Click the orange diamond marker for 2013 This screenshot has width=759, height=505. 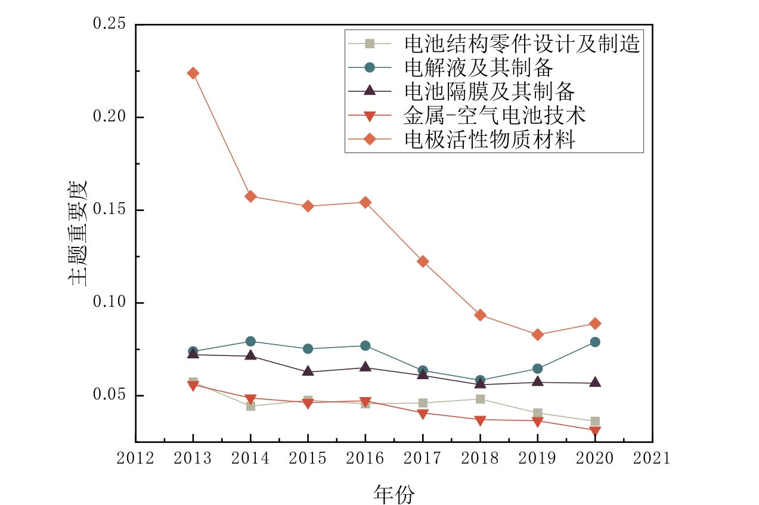(193, 73)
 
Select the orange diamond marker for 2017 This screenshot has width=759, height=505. (423, 261)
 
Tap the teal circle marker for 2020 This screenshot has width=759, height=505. (595, 342)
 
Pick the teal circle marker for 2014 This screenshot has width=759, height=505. (250, 341)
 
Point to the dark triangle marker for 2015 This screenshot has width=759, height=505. (308, 371)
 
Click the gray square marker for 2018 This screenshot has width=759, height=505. (480, 399)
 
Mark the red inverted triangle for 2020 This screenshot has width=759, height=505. (595, 431)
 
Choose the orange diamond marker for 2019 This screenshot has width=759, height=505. (537, 334)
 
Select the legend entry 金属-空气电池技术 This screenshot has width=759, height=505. (495, 115)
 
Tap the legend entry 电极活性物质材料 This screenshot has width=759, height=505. (490, 139)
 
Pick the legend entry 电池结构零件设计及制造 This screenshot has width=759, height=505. (522, 44)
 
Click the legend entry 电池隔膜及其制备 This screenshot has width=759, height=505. (490, 91)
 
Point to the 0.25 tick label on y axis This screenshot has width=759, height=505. (109, 24)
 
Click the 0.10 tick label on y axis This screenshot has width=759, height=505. (109, 303)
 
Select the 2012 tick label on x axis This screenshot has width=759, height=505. (135, 458)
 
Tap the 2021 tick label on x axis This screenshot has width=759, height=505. (652, 458)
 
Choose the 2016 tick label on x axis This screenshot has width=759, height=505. (365, 458)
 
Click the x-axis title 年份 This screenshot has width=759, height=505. (394, 494)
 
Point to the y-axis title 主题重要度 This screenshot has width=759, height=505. (80, 233)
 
